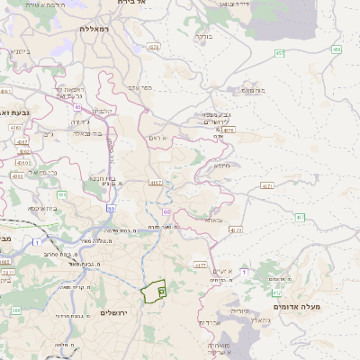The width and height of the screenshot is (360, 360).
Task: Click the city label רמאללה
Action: click(x=94, y=29)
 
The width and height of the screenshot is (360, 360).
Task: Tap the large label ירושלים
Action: click(x=114, y=312)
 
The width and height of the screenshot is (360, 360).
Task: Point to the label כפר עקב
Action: click(x=139, y=87)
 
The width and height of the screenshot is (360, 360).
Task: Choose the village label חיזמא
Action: click(x=222, y=165)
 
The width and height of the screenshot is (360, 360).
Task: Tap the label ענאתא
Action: click(x=213, y=219)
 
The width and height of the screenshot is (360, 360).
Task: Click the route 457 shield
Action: click(x=280, y=53)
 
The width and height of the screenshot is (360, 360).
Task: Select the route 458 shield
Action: click(x=336, y=49)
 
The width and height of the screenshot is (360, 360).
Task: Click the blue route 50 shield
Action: click(x=110, y=208)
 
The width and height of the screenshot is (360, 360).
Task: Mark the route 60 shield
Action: click(x=166, y=212)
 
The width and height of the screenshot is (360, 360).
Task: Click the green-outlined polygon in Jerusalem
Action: click(x=153, y=291)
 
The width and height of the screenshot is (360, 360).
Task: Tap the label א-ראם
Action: click(x=157, y=138)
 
